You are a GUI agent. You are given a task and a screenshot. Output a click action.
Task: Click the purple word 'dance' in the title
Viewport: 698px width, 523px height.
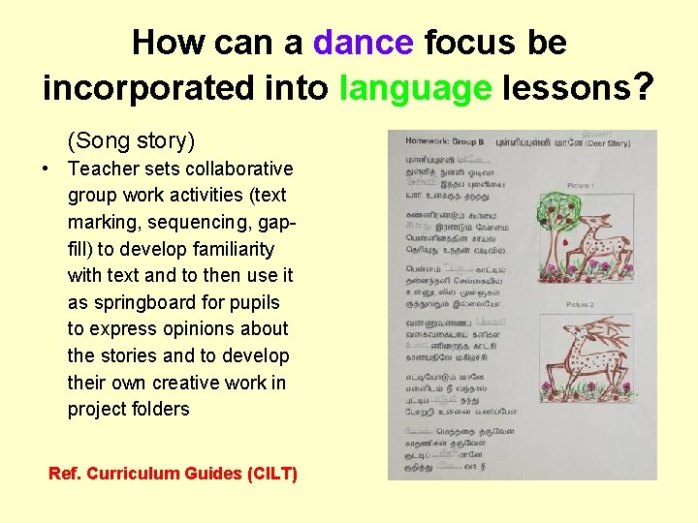pyautogui.click(x=364, y=43)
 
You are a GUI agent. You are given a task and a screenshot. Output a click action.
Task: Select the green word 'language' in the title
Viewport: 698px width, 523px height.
pyautogui.click(x=416, y=88)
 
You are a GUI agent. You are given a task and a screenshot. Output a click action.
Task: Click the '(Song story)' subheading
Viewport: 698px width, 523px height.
pyautogui.click(x=131, y=140)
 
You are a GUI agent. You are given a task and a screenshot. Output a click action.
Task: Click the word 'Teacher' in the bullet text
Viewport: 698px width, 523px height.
pyautogui.click(x=104, y=169)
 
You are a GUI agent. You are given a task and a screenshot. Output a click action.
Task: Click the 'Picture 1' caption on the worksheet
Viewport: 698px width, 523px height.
pyautogui.click(x=580, y=185)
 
